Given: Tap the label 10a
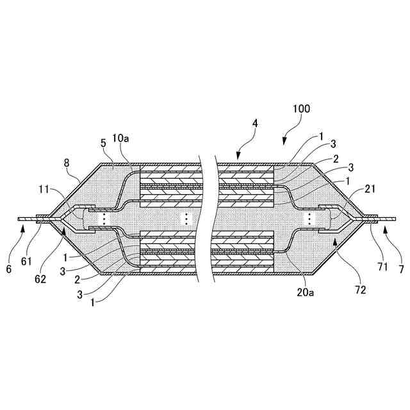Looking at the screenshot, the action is click(x=120, y=138).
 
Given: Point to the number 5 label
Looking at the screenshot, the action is click(x=104, y=143).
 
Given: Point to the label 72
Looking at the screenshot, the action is click(x=360, y=290).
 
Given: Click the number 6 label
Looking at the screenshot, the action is click(x=9, y=269).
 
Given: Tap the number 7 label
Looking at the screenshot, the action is click(x=401, y=269).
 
